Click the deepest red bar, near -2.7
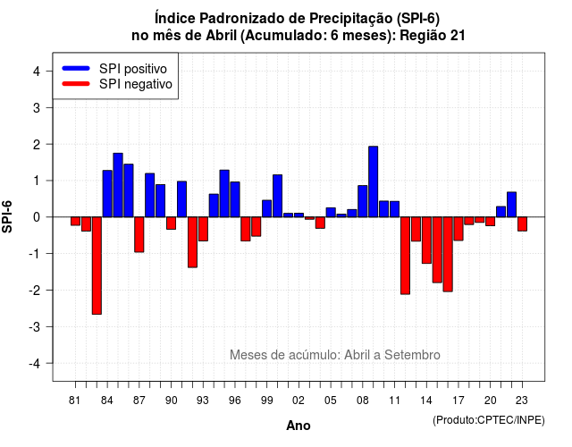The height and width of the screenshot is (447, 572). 97,266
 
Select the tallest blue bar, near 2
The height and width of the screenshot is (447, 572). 374,181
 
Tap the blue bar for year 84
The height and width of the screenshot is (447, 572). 107,194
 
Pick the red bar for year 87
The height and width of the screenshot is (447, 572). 139,234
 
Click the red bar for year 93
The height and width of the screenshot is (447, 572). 203,229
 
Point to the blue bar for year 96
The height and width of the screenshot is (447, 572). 235,199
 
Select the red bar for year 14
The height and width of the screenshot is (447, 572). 426,240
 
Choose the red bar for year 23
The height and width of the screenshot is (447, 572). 522,224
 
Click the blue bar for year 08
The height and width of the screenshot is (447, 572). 363,201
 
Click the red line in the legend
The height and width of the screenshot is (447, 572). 76,84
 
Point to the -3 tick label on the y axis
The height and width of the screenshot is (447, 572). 36,326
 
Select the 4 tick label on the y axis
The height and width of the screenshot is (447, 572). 37,72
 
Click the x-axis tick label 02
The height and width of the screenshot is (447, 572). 299,401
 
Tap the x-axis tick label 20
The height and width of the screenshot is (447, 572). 491,401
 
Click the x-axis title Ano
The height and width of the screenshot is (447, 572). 299,426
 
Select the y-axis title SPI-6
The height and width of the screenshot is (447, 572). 7,216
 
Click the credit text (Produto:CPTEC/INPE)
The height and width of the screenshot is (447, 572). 489,420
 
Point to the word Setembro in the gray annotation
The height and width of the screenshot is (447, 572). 412,355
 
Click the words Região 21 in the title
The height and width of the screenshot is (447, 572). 433,36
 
